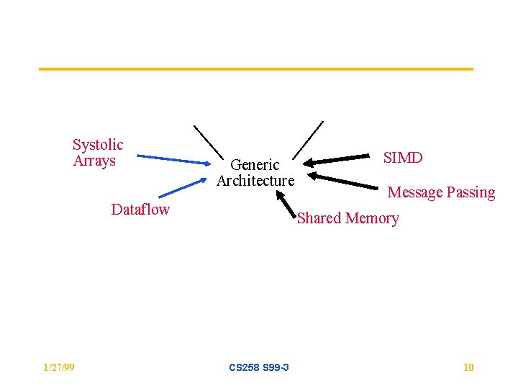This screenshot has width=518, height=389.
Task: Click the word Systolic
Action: click(98, 145)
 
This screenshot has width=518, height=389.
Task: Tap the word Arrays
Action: click(94, 161)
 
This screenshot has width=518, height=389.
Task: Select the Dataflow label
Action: click(140, 210)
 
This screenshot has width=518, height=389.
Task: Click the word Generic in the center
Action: click(255, 165)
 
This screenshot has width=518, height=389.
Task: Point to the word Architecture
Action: click(255, 181)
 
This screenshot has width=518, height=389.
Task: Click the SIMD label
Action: click(403, 158)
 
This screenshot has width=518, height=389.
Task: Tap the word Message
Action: click(415, 192)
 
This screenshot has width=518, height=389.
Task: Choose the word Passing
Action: click(471, 192)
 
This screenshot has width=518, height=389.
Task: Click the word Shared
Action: click(319, 218)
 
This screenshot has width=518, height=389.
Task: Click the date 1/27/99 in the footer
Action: click(58, 368)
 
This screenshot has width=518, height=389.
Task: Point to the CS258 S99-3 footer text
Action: click(259, 368)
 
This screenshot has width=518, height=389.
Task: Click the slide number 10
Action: click(468, 368)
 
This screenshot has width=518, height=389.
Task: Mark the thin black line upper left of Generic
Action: click(209, 141)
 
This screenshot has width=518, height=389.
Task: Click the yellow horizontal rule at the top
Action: click(255, 69)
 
